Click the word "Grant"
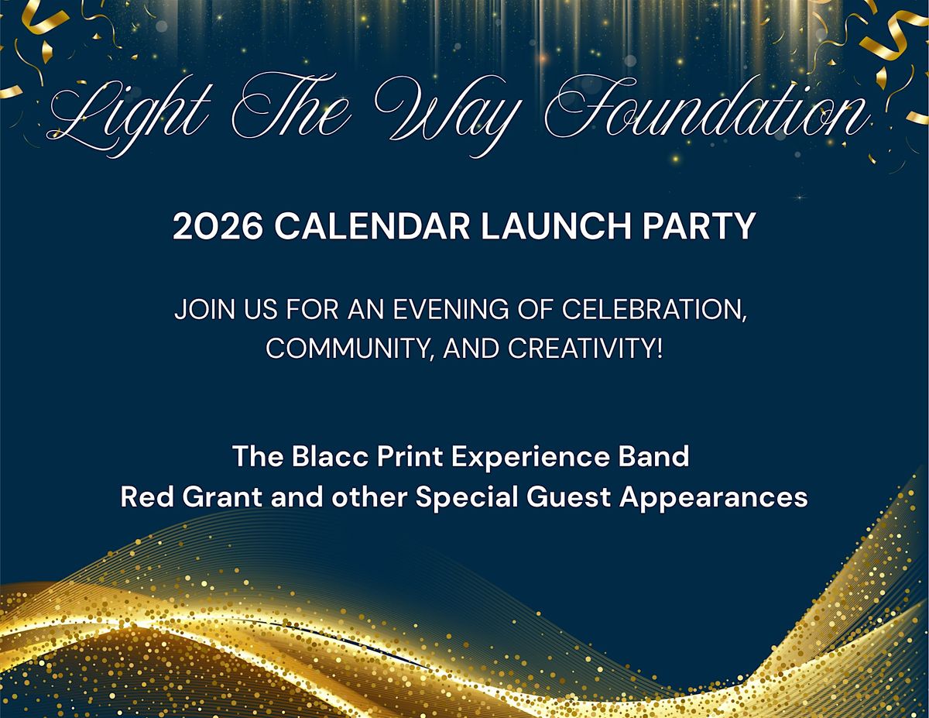coord(218,496)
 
